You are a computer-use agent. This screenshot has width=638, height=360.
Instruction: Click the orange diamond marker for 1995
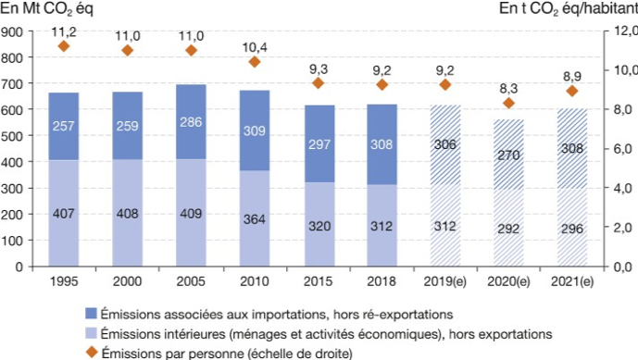click(x=64, y=46)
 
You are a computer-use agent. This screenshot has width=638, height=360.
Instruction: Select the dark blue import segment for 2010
click(x=254, y=130)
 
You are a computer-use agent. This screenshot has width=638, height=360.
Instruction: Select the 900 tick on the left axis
click(x=14, y=31)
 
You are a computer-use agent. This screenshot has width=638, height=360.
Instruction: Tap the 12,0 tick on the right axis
click(x=621, y=31)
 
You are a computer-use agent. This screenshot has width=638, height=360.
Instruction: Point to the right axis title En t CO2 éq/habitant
click(x=568, y=9)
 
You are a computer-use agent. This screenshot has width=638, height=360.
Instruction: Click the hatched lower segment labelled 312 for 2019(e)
click(x=444, y=225)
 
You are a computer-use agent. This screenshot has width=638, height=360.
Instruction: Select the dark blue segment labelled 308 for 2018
click(x=381, y=144)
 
